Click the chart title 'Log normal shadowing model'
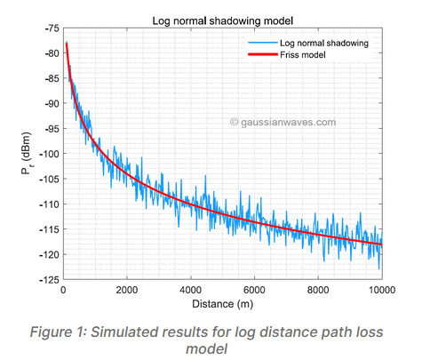pos(222,20)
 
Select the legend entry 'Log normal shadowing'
pos(323,43)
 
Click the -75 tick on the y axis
pos(48,28)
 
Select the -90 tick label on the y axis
pos(48,103)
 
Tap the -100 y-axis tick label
pos(46,154)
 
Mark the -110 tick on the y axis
pos(46,204)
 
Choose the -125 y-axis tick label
pos(46,280)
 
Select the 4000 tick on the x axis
pos(190,291)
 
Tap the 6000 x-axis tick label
pos(254,291)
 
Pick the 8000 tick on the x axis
pos(318,291)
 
